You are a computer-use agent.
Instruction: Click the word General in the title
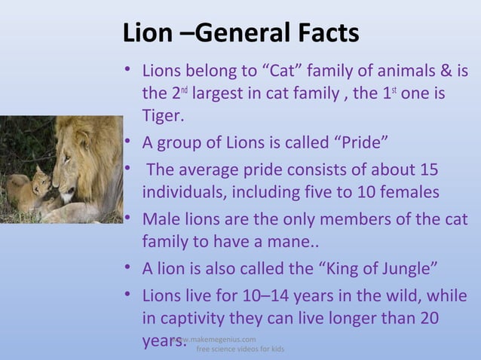pos(246,33)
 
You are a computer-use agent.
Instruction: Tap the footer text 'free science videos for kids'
pos(240,350)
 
